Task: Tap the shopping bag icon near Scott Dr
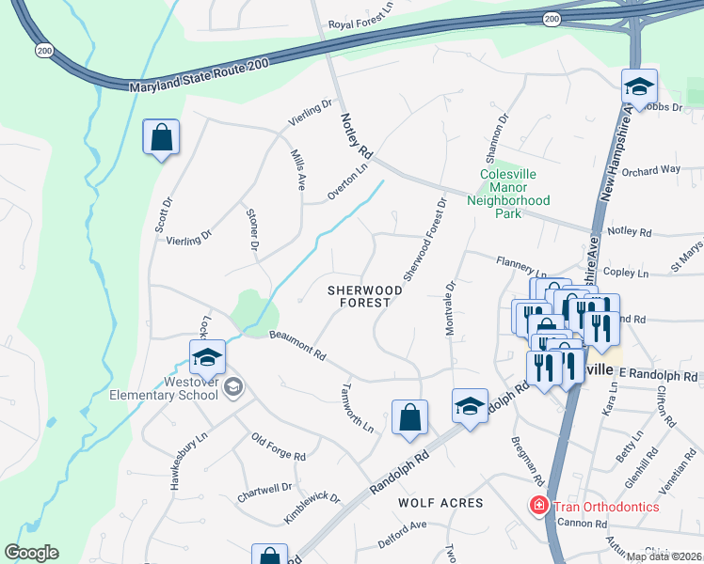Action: (x=161, y=138)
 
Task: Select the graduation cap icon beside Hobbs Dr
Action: (x=639, y=89)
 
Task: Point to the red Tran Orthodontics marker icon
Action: (x=538, y=506)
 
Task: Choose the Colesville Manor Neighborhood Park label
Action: (x=514, y=194)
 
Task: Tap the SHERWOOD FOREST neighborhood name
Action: (x=365, y=297)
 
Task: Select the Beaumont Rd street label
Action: (x=296, y=346)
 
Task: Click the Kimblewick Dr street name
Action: (x=312, y=509)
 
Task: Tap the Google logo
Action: (x=31, y=553)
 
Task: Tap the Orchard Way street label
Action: (x=650, y=170)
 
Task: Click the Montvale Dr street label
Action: (x=450, y=307)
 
